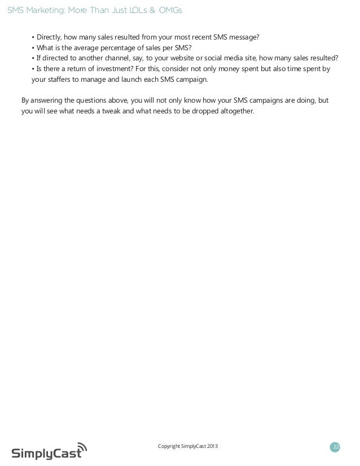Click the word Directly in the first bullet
[x=50, y=38]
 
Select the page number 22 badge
[x=336, y=447]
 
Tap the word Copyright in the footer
[x=171, y=447]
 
